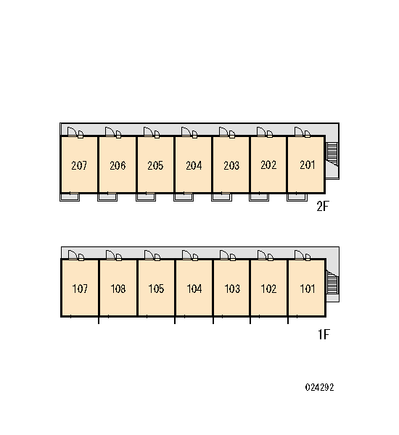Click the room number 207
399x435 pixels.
pyautogui.click(x=79, y=165)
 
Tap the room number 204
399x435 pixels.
pyautogui.click(x=194, y=165)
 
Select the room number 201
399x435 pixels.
pyautogui.click(x=308, y=165)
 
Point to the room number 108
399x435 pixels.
pyautogui.click(x=118, y=289)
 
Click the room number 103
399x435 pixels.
pyautogui.click(x=232, y=289)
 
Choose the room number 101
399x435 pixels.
pyautogui.click(x=308, y=289)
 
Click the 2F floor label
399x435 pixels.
pyautogui.click(x=323, y=206)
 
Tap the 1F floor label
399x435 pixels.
pyautogui.click(x=324, y=334)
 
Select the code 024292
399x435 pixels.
pyautogui.click(x=319, y=387)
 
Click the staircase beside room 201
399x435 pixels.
pyautogui.click(x=332, y=154)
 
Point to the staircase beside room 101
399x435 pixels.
pyautogui.click(x=332, y=282)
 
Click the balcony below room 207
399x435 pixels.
pyautogui.click(x=70, y=197)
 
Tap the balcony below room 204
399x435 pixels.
pyautogui.click(x=184, y=197)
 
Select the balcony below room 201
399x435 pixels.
pyautogui.click(x=297, y=197)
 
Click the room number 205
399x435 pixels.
pyautogui.click(x=155, y=165)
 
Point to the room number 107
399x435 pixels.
pyautogui.click(x=80, y=289)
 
